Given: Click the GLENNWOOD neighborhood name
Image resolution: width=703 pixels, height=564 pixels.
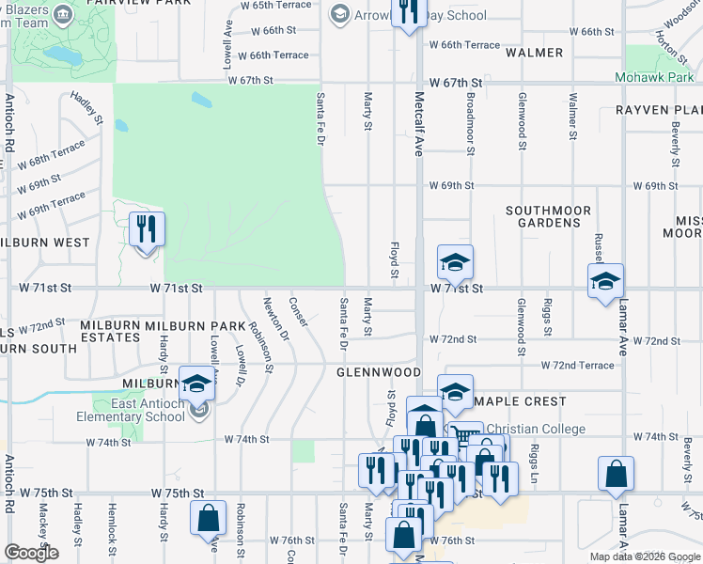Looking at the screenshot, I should [x=379, y=372].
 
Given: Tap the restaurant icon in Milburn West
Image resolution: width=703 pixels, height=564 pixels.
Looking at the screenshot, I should [x=146, y=230].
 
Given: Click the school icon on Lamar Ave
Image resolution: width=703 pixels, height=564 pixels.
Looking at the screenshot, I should [x=605, y=281].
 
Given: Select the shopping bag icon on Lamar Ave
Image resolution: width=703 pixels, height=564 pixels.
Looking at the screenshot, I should [x=616, y=476].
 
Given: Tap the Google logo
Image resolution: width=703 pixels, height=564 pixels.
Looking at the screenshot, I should [x=31, y=553].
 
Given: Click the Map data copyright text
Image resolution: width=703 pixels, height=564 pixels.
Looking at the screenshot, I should [x=645, y=556].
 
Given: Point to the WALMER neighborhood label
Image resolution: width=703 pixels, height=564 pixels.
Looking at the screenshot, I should [x=535, y=54].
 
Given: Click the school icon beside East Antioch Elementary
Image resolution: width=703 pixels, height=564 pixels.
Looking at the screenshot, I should [x=196, y=384].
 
